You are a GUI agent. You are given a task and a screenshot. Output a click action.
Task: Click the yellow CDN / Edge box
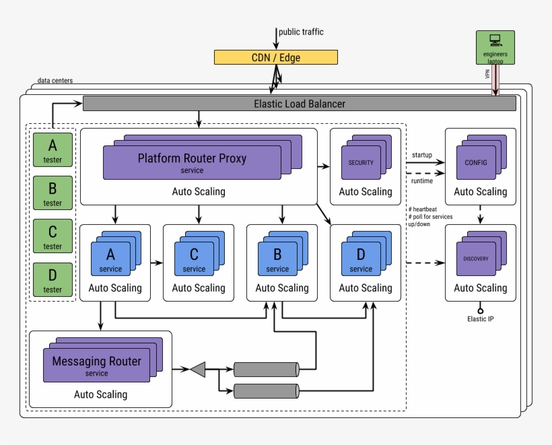coord(276,58)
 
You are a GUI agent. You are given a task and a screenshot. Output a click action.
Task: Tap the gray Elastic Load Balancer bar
coord(299,104)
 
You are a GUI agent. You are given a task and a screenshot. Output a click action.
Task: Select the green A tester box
coord(53,149)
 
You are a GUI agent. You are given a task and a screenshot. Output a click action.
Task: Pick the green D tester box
coord(53,279)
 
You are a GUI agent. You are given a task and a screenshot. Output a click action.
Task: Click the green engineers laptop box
coord(495,48)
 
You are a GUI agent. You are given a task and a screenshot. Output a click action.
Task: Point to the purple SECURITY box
coord(361,163)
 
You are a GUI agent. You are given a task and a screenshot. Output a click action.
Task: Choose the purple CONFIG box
coord(476,163)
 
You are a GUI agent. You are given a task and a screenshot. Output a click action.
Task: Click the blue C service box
coord(194,259)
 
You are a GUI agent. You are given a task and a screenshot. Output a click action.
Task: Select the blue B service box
coord(277,259)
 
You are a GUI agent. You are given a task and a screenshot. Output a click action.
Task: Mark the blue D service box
coord(361,259)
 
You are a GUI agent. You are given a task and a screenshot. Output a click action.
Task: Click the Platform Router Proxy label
coord(192,159)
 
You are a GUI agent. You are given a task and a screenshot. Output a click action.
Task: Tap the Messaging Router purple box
coord(97,365)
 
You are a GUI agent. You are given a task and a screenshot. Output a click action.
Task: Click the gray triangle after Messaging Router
coord(197,369)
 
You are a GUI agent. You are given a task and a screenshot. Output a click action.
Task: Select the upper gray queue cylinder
coord(266,369)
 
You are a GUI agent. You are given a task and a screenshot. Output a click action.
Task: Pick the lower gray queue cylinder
coord(266,390)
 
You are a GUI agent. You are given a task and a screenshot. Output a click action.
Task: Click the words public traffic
coord(301,32)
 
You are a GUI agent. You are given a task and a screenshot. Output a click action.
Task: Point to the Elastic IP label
coord(481,319)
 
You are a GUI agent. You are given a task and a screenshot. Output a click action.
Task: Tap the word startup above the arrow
coord(422,156)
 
